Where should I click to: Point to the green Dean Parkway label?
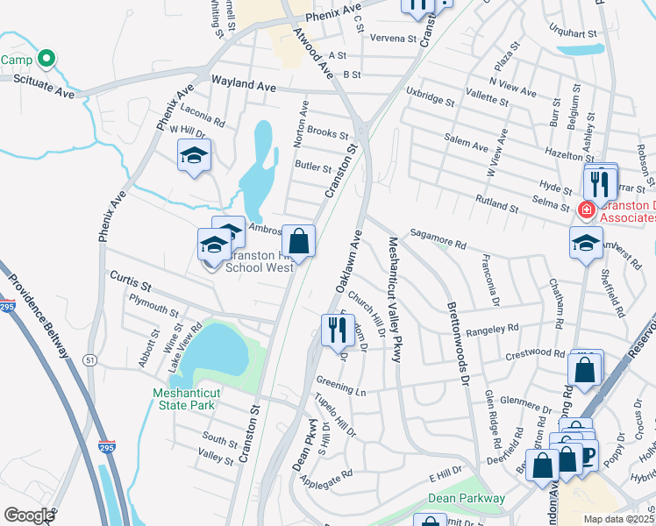tap(467, 498)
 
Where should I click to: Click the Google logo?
tap(29, 515)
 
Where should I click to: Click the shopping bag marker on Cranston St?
tap(298, 240)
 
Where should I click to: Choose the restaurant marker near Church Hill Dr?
tap(334, 331)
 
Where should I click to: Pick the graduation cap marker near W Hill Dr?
tap(194, 158)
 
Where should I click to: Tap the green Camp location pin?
tap(48, 60)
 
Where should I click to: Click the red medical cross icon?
tap(585, 210)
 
